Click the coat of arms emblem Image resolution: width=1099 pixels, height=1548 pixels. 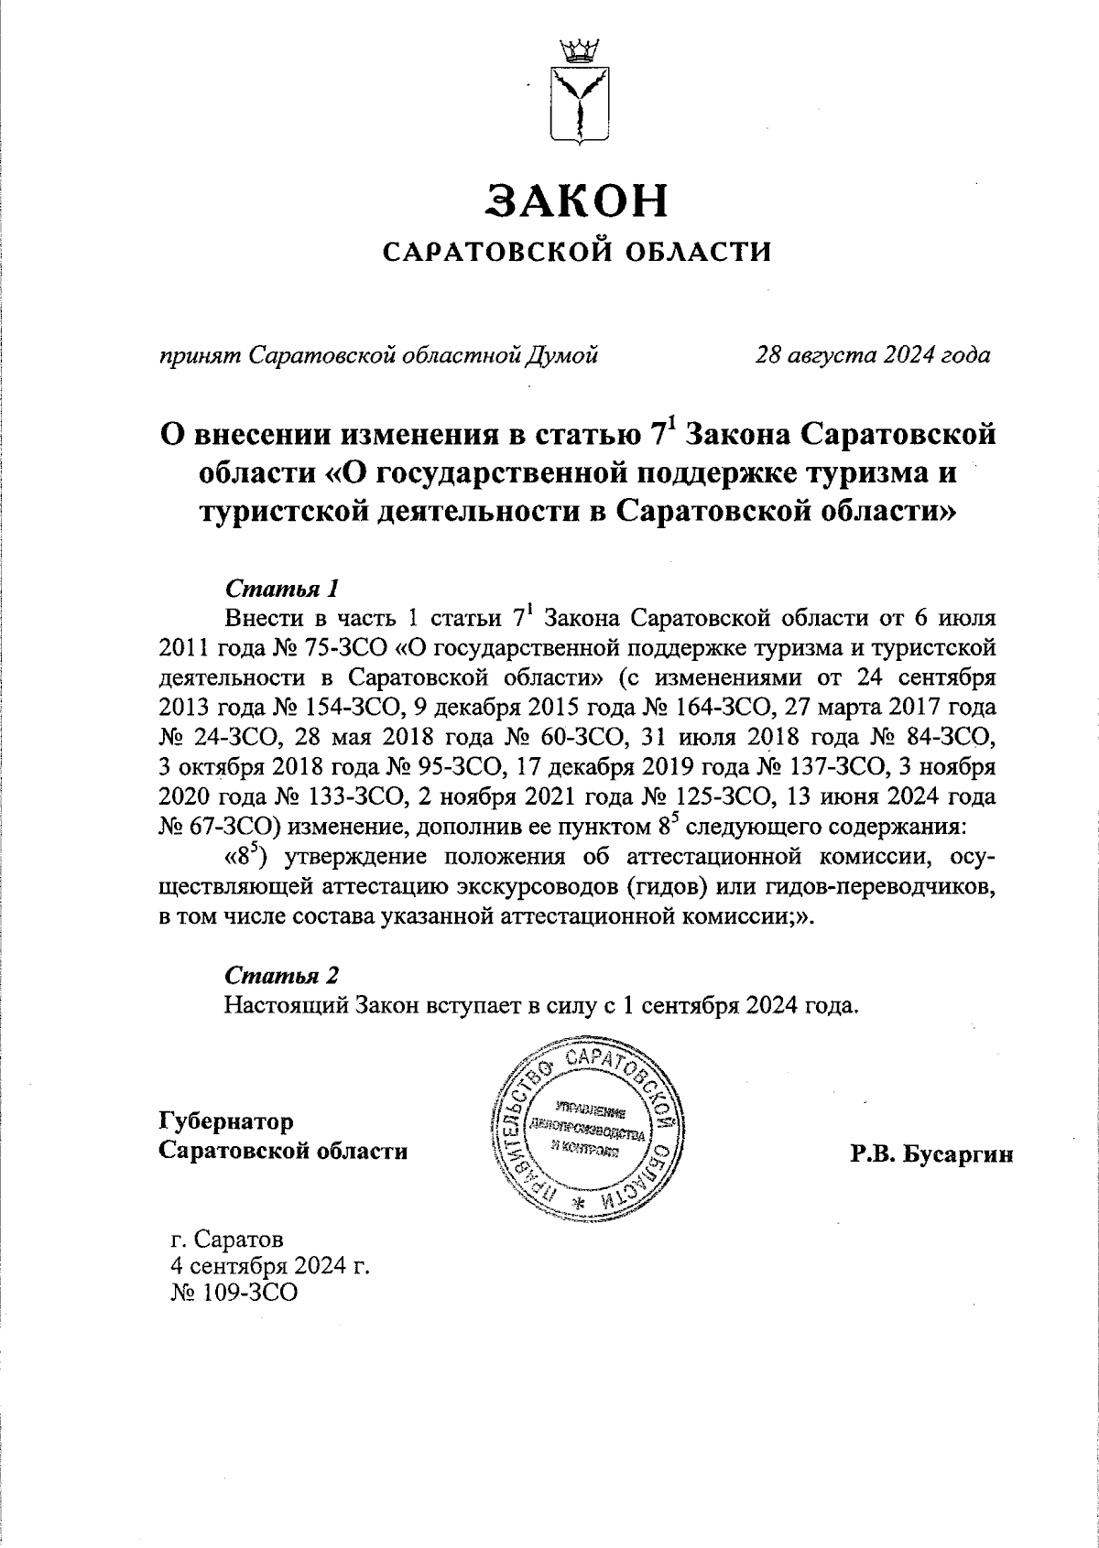pyautogui.click(x=578, y=96)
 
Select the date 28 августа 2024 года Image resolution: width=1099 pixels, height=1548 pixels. pyautogui.click(x=871, y=354)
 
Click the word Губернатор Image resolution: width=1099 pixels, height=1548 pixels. pyautogui.click(x=226, y=1120)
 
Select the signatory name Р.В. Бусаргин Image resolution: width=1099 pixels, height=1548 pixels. pyautogui.click(x=931, y=1155)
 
